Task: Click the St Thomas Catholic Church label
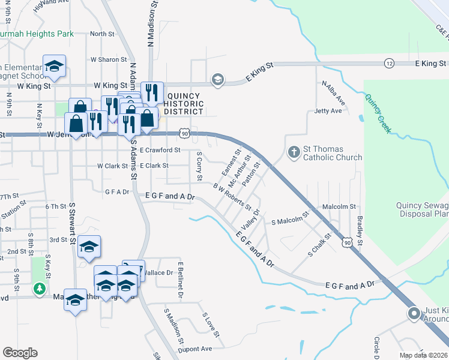[333, 153]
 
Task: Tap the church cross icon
[294, 152]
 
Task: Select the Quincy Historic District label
[184, 104]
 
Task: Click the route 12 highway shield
[390, 63]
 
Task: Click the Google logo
[19, 353]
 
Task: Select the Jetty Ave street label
[328, 111]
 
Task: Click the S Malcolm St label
[290, 217]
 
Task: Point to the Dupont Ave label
[195, 349]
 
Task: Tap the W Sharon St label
[109, 59]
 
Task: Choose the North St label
[102, 34]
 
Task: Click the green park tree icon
[40, 289]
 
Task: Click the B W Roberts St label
[232, 196]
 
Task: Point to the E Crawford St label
[160, 150]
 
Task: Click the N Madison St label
[152, 24]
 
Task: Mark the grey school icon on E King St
[217, 79]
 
